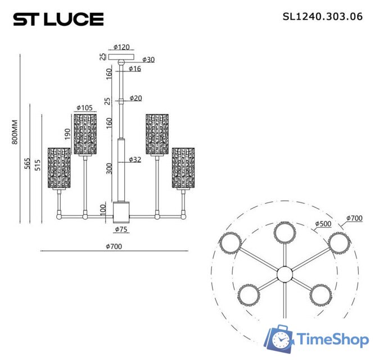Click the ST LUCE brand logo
(x=58, y=20)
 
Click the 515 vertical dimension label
(x=38, y=165)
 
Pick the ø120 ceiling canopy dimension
(x=122, y=47)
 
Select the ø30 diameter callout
(x=148, y=60)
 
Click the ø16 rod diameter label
(x=135, y=69)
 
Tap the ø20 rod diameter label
(x=135, y=98)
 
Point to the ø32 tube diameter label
(x=135, y=160)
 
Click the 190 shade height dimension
(x=68, y=133)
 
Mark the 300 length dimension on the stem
(x=109, y=168)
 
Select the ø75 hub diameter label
(x=121, y=229)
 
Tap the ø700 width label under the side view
(x=114, y=246)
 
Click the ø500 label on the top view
(x=323, y=224)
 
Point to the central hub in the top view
(x=284, y=274)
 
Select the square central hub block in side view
(x=121, y=211)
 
